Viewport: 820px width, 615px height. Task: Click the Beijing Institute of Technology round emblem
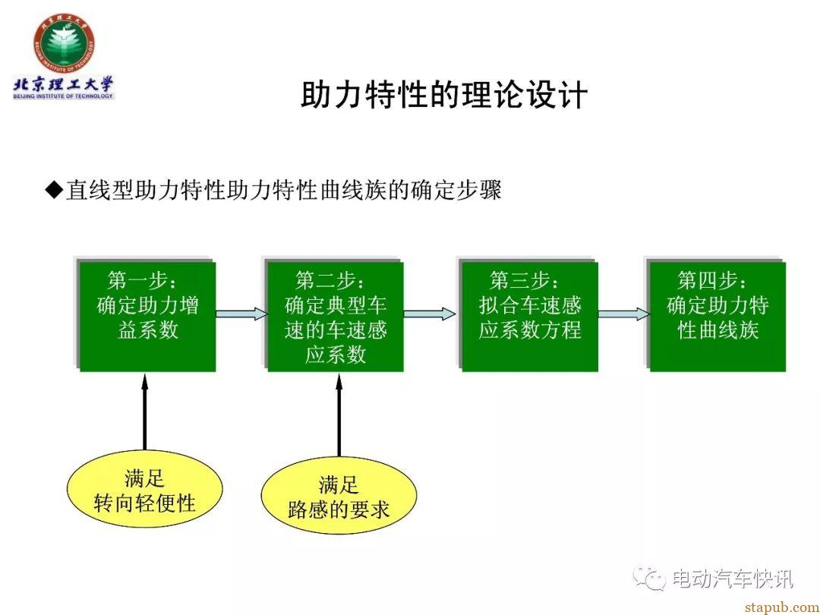click(x=65, y=43)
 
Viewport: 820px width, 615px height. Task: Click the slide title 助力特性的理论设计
click(x=444, y=95)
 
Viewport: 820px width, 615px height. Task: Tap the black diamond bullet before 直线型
click(x=54, y=190)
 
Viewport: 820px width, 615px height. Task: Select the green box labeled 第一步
click(x=147, y=316)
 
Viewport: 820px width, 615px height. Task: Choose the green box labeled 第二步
click(x=336, y=316)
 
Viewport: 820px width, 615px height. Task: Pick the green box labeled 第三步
click(x=529, y=316)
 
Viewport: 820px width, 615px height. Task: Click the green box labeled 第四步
click(x=717, y=316)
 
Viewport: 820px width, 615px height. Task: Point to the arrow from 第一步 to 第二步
click(x=241, y=314)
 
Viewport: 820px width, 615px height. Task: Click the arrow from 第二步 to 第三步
click(x=429, y=314)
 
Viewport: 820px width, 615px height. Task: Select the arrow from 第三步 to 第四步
click(x=624, y=314)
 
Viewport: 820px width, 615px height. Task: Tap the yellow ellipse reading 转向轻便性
click(x=145, y=490)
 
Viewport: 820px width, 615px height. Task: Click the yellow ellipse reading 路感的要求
click(x=339, y=496)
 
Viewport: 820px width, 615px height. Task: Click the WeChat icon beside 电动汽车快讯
click(x=649, y=578)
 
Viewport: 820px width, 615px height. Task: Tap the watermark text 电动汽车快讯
click(x=732, y=579)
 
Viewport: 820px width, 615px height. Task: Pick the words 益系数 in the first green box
click(x=148, y=330)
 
